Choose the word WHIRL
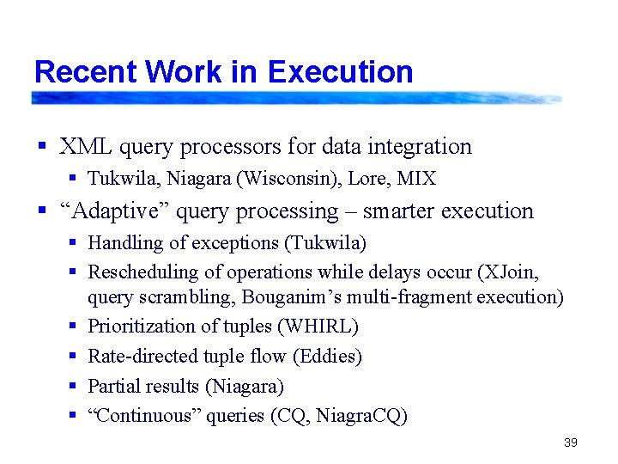tap(322, 327)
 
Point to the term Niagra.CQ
tap(360, 417)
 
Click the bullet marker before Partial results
tap(74, 387)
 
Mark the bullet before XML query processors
tap(41, 147)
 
